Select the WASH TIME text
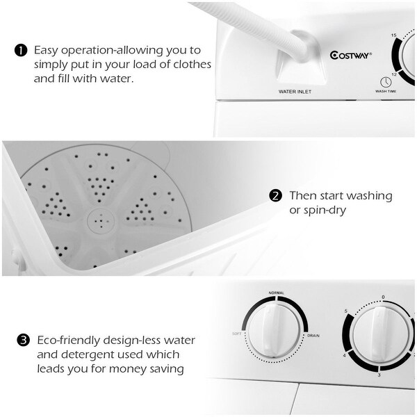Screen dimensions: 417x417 tap(386, 91)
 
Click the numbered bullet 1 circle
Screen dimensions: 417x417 tap(21, 51)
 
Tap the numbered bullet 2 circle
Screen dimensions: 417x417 tap(276, 195)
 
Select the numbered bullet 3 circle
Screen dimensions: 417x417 tap(23, 341)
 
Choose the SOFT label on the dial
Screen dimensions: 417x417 tap(237, 335)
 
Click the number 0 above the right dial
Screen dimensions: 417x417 tap(383, 297)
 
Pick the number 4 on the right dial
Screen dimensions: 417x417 tap(343, 356)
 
